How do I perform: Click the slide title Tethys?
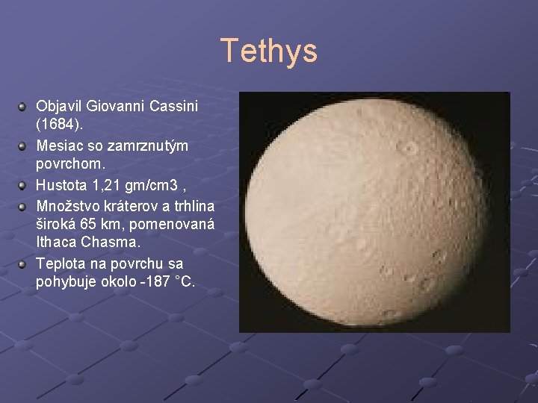(269, 51)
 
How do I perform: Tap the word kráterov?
(128, 205)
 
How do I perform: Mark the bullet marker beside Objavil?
(24, 107)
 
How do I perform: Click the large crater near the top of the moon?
(409, 148)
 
